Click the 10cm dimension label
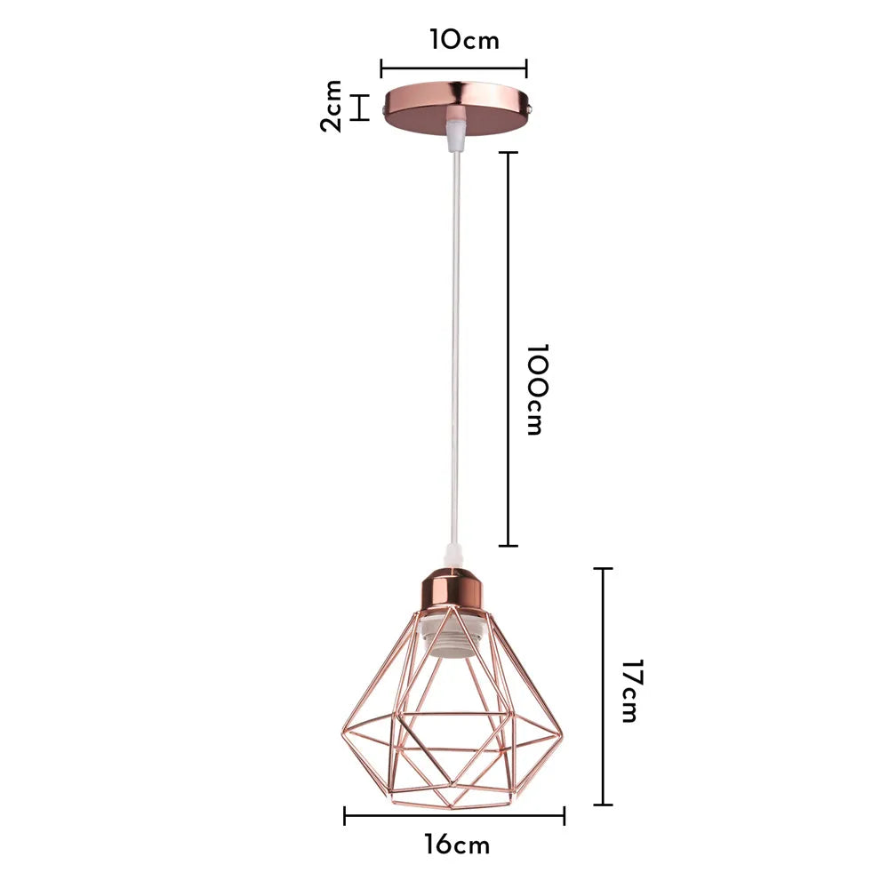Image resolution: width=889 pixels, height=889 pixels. click(464, 41)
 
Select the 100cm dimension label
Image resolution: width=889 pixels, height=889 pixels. click(533, 389)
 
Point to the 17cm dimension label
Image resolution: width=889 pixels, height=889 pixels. click(629, 691)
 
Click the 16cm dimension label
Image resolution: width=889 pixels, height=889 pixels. click(457, 845)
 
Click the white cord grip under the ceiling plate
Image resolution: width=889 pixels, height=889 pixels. click(454, 133)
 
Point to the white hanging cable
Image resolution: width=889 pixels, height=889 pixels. click(454, 356)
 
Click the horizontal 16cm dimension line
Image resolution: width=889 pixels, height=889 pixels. click(454, 815)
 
